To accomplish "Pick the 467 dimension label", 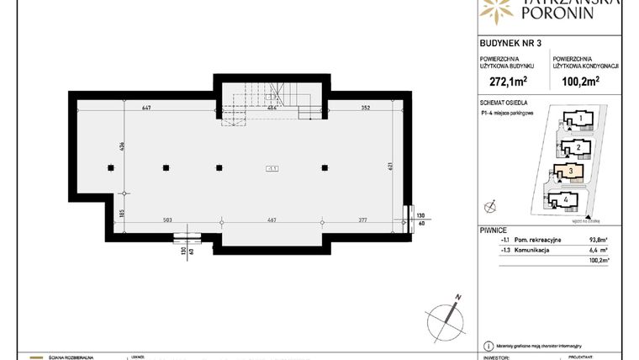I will (272, 219).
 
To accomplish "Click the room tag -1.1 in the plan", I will (272, 167).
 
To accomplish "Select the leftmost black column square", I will (111, 167).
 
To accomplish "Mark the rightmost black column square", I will (325, 167).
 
